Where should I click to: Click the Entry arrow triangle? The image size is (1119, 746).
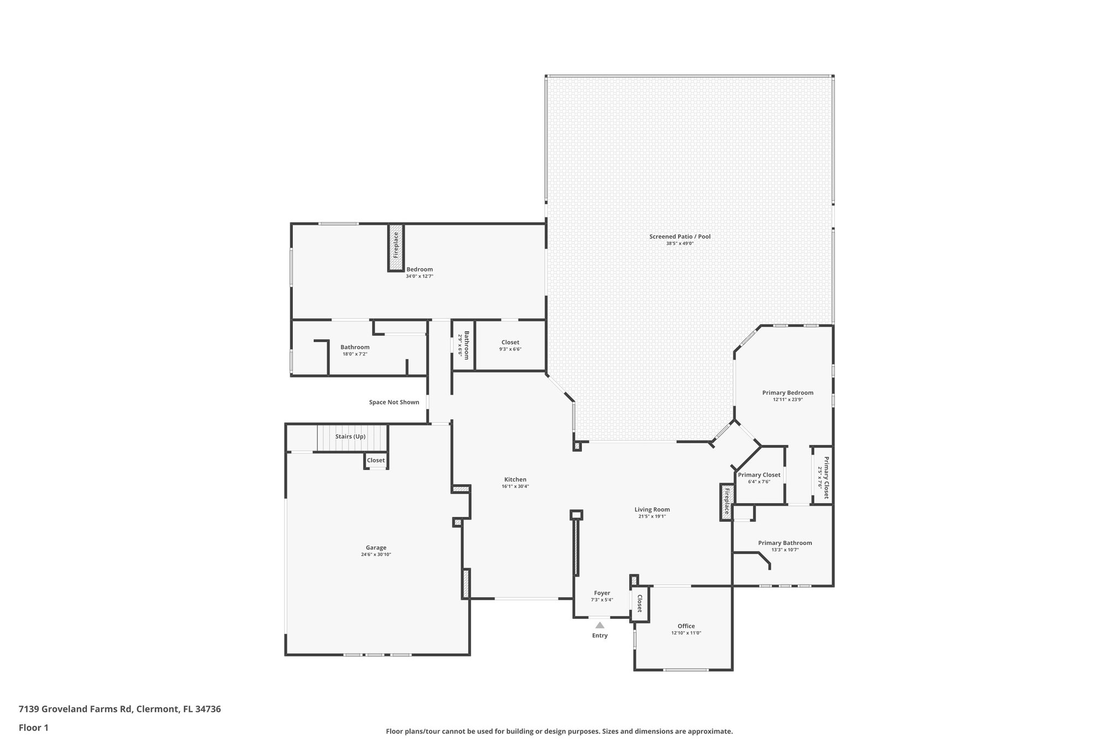599,625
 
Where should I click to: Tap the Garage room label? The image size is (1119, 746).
376,548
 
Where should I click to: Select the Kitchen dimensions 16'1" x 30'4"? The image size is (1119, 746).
515,486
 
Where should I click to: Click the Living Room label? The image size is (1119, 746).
652,509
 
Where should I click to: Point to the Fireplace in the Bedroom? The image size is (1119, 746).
396,248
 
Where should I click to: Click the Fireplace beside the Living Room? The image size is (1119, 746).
726,502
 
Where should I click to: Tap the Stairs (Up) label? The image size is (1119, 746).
350,437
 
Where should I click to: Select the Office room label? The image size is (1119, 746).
686,626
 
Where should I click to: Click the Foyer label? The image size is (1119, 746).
602,593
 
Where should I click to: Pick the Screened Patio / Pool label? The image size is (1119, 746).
680,237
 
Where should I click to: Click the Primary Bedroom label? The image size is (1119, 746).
787,392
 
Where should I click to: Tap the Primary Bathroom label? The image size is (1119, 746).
785,543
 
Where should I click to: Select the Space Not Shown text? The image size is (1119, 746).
394,402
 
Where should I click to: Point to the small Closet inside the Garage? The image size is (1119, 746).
375,460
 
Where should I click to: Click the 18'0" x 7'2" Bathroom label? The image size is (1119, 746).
355,347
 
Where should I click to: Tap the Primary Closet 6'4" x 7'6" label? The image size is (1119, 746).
759,475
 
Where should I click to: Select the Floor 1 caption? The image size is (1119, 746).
33,727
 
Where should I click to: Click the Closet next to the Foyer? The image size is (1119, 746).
639,604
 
